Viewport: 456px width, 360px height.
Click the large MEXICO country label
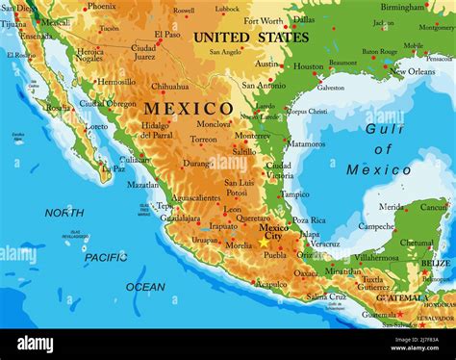click(x=189, y=108)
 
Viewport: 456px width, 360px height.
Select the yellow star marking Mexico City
click(x=265, y=243)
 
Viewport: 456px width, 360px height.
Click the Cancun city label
click(x=434, y=207)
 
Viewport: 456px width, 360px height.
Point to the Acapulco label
click(x=270, y=284)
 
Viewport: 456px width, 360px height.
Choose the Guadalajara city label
click(x=181, y=219)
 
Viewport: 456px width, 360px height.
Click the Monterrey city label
click(x=253, y=136)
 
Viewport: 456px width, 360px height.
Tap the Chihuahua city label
click(x=170, y=86)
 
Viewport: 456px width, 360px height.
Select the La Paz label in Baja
click(x=114, y=168)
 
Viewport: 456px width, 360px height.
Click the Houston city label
click(x=309, y=66)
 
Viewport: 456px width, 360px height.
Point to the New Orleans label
click(x=413, y=71)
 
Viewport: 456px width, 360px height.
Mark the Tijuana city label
click(x=13, y=24)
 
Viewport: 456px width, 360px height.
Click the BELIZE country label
click(x=435, y=263)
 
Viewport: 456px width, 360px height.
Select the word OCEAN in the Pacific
click(x=145, y=287)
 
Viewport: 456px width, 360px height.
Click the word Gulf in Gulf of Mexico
click(x=385, y=128)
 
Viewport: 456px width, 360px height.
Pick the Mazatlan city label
click(x=143, y=185)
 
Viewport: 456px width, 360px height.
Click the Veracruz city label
click(x=325, y=244)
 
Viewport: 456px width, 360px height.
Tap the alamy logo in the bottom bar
click(x=36, y=344)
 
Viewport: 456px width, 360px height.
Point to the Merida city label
click(x=392, y=206)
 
